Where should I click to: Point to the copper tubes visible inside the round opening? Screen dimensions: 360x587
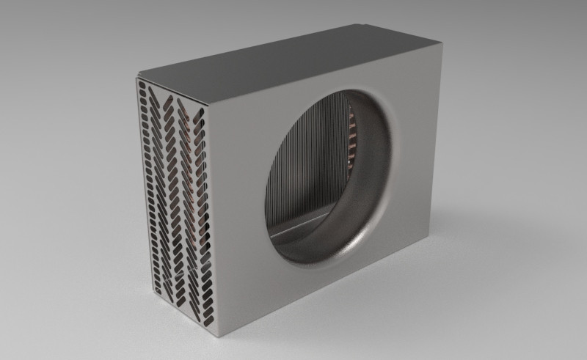(357, 132)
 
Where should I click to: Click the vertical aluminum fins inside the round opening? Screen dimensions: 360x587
(308, 161)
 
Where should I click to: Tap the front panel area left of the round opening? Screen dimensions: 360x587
(238, 191)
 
